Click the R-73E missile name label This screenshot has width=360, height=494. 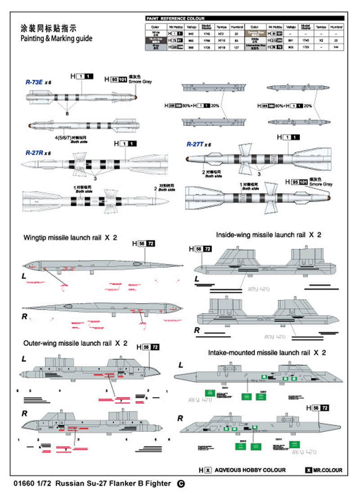point(35,82)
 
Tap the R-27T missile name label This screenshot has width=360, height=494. point(196,144)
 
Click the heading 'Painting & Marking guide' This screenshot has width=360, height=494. point(56,39)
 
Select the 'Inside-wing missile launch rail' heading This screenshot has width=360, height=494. point(259,235)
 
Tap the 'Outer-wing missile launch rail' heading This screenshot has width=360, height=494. point(71,343)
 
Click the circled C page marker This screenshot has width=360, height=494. point(180,484)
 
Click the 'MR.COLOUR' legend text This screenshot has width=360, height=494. point(328,470)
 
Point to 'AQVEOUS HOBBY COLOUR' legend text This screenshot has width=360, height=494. point(250,470)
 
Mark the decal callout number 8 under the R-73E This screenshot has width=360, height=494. point(68,114)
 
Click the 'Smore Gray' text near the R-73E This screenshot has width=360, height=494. point(141,82)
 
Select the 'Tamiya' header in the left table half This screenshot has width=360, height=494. point(221,27)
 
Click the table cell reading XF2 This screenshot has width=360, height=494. point(221,33)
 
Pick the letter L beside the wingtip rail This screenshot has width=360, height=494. point(24,275)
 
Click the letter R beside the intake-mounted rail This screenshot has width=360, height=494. point(180,418)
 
